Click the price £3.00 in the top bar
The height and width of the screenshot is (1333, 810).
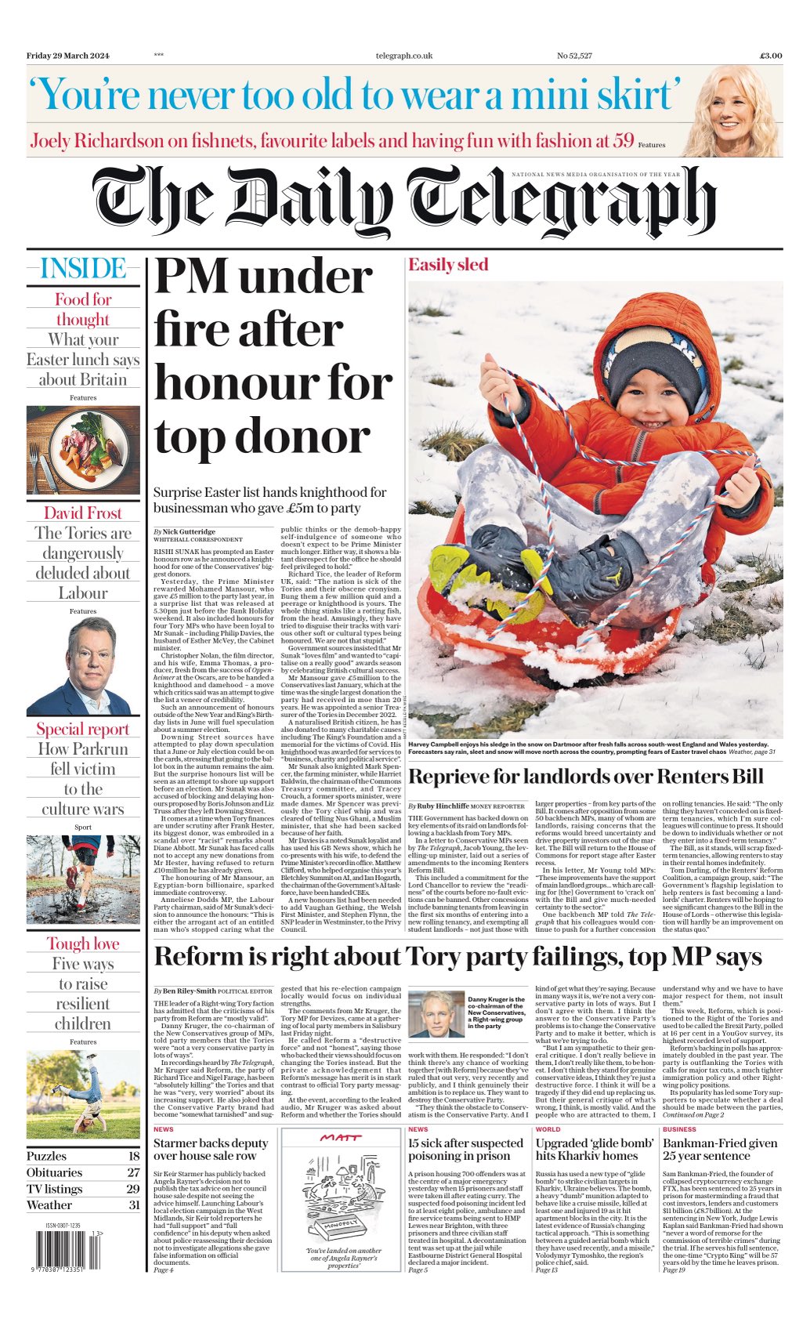pos(770,56)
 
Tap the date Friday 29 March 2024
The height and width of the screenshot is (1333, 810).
pos(68,56)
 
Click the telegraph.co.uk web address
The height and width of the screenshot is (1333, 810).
pos(403,56)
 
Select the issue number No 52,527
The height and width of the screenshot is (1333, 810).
pos(574,56)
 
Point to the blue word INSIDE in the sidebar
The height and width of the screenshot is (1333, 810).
pos(83,269)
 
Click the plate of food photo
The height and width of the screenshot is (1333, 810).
pos(83,449)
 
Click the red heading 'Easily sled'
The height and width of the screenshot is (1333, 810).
pos(447,265)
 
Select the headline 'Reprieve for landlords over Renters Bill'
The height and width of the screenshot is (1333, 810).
pos(585,777)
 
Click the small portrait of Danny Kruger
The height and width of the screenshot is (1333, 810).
pos(436,1014)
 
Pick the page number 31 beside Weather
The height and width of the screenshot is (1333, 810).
pos(133,1205)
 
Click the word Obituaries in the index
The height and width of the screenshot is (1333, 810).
pos(54,1172)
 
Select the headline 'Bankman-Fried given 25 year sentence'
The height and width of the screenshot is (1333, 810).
pos(720,1150)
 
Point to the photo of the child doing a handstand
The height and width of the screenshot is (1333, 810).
pos(83,1095)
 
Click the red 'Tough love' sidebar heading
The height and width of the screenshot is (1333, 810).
pos(83,944)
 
